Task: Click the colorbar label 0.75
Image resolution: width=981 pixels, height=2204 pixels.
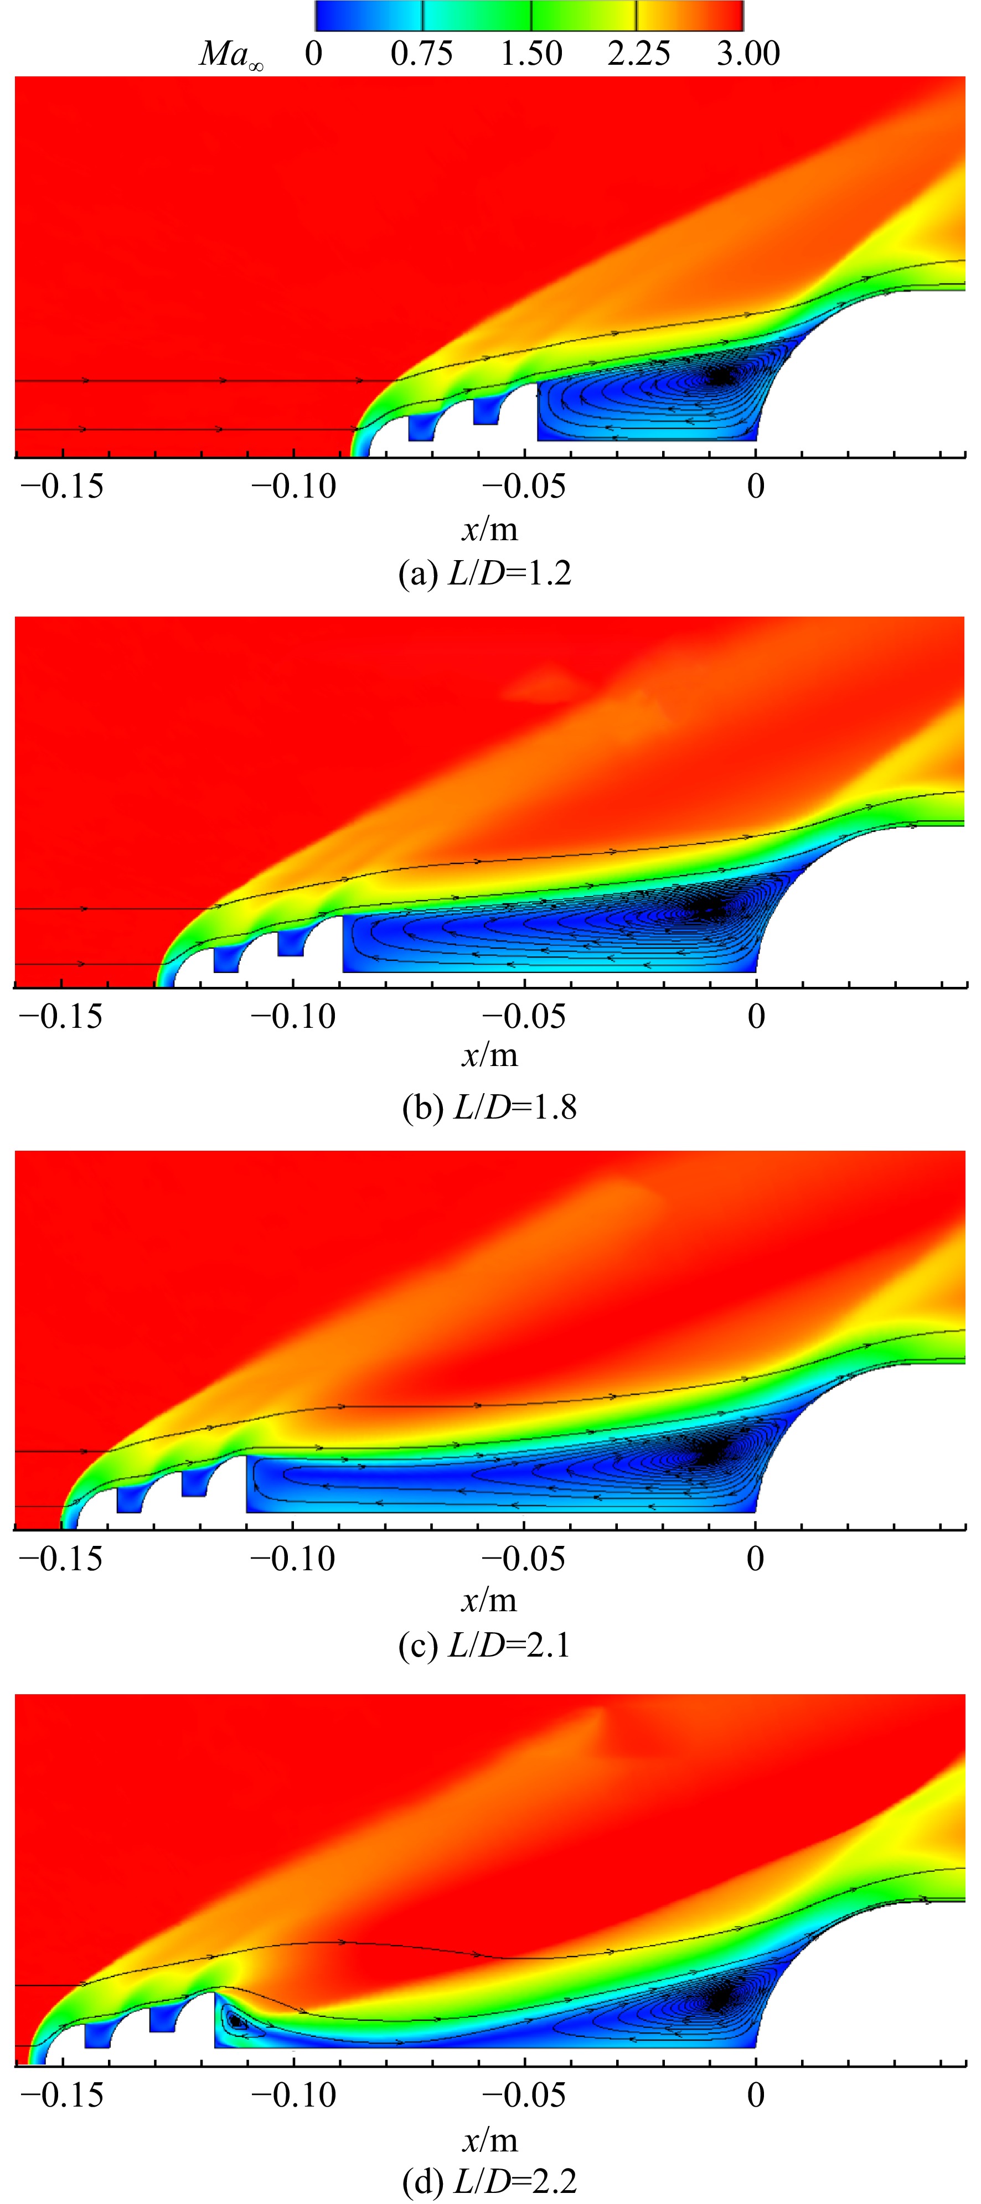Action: pyautogui.click(x=421, y=54)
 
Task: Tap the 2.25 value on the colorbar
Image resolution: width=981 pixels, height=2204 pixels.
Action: pyautogui.click(x=639, y=54)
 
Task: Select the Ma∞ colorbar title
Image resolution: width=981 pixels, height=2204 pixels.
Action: pyautogui.click(x=231, y=55)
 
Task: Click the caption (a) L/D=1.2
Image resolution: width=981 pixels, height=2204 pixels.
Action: pyautogui.click(x=486, y=572)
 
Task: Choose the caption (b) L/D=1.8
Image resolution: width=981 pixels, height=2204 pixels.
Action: pyautogui.click(x=489, y=1107)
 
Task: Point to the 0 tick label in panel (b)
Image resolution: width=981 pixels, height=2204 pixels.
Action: pyautogui.click(x=756, y=1016)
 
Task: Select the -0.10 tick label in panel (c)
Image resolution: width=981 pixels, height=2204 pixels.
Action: pyautogui.click(x=293, y=1558)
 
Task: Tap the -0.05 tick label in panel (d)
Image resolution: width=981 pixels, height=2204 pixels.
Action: pyautogui.click(x=524, y=2096)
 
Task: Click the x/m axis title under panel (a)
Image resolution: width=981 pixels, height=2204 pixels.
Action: pyautogui.click(x=489, y=530)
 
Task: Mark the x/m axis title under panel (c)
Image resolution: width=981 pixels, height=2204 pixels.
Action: pyautogui.click(x=489, y=1600)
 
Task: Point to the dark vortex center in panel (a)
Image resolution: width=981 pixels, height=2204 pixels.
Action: pyautogui.click(x=721, y=376)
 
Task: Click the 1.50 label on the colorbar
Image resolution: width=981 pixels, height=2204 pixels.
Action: pyautogui.click(x=531, y=54)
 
